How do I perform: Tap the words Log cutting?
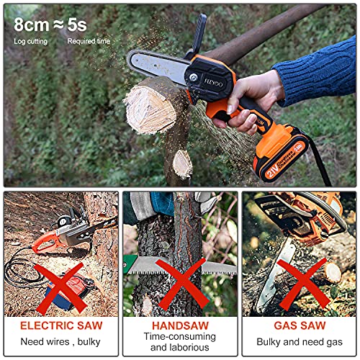[30, 42]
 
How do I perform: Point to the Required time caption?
[89, 42]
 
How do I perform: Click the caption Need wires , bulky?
[59, 342]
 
